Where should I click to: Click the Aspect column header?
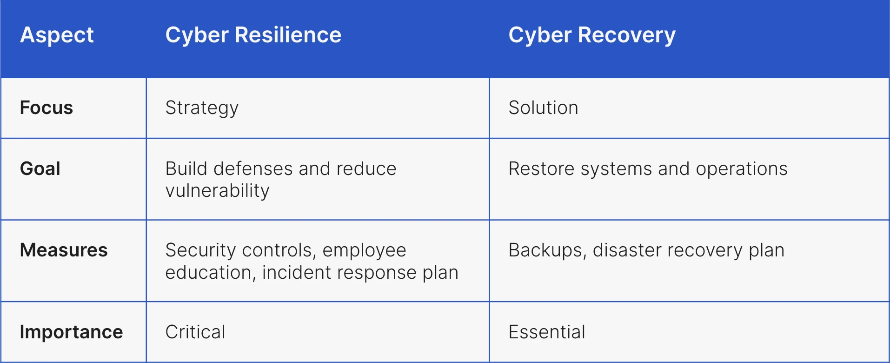tap(57, 35)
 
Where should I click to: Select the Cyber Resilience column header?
tap(253, 35)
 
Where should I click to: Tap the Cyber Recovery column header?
tap(591, 35)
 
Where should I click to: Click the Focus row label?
tap(46, 108)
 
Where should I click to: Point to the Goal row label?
tap(40, 168)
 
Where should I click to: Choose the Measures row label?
tap(64, 250)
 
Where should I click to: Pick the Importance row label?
tap(71, 332)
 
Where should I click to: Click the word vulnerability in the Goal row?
tap(217, 191)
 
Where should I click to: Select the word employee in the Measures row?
tap(364, 250)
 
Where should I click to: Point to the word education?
tap(208, 273)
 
